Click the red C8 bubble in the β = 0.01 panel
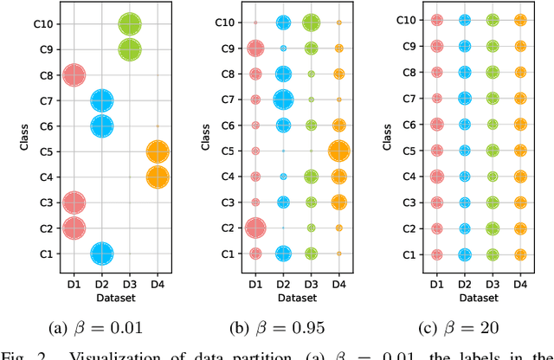pos(74,75)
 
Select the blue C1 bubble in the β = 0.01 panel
pos(101,254)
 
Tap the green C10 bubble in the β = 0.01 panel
pos(129,25)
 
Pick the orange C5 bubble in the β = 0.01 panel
pos(157,152)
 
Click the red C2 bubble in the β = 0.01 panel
pos(74,228)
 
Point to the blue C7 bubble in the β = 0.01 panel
pos(101,101)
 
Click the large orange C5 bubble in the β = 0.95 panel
pos(338,151)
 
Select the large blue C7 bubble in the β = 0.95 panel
pos(283,100)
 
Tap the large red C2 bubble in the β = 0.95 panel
pos(255,228)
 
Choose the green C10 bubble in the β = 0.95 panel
pos(311,23)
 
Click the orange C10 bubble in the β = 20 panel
pos(520,20)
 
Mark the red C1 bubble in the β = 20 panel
pos(437,254)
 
